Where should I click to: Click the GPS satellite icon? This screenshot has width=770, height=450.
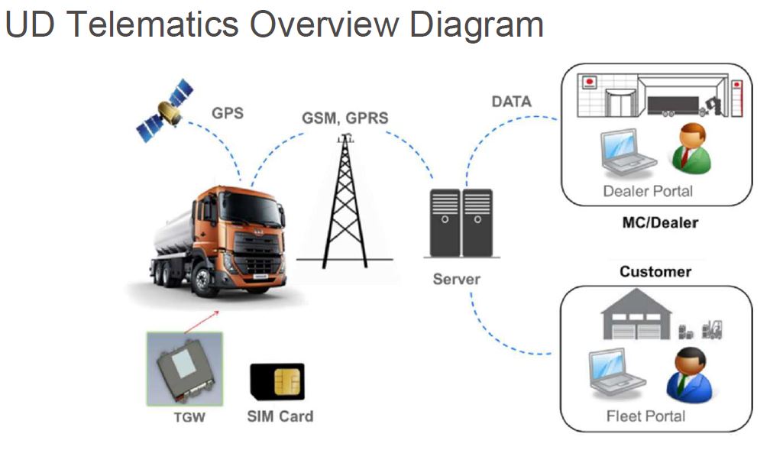(x=164, y=111)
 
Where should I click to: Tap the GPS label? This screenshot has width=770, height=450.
(x=228, y=113)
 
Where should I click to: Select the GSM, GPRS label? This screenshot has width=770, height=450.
(x=345, y=118)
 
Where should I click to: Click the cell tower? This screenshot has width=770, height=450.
(x=345, y=202)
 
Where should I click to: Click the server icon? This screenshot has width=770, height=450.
(x=461, y=223)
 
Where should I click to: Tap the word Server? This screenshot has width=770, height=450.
(x=456, y=279)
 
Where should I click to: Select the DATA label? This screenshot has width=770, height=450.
(x=512, y=102)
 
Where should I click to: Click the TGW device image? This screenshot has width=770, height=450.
(x=185, y=369)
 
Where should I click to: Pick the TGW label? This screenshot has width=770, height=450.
(x=189, y=417)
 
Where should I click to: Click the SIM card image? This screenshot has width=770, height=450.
(x=277, y=382)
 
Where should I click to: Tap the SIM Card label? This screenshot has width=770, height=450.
(x=280, y=416)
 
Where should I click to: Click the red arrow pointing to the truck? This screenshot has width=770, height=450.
(x=202, y=322)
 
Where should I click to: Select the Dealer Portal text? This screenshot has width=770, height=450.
(x=648, y=191)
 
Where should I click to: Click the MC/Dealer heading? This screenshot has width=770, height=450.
(x=660, y=222)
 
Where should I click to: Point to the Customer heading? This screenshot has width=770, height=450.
(x=655, y=272)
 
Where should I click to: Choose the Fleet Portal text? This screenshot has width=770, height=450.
(x=645, y=416)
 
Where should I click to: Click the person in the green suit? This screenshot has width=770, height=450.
(x=690, y=148)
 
